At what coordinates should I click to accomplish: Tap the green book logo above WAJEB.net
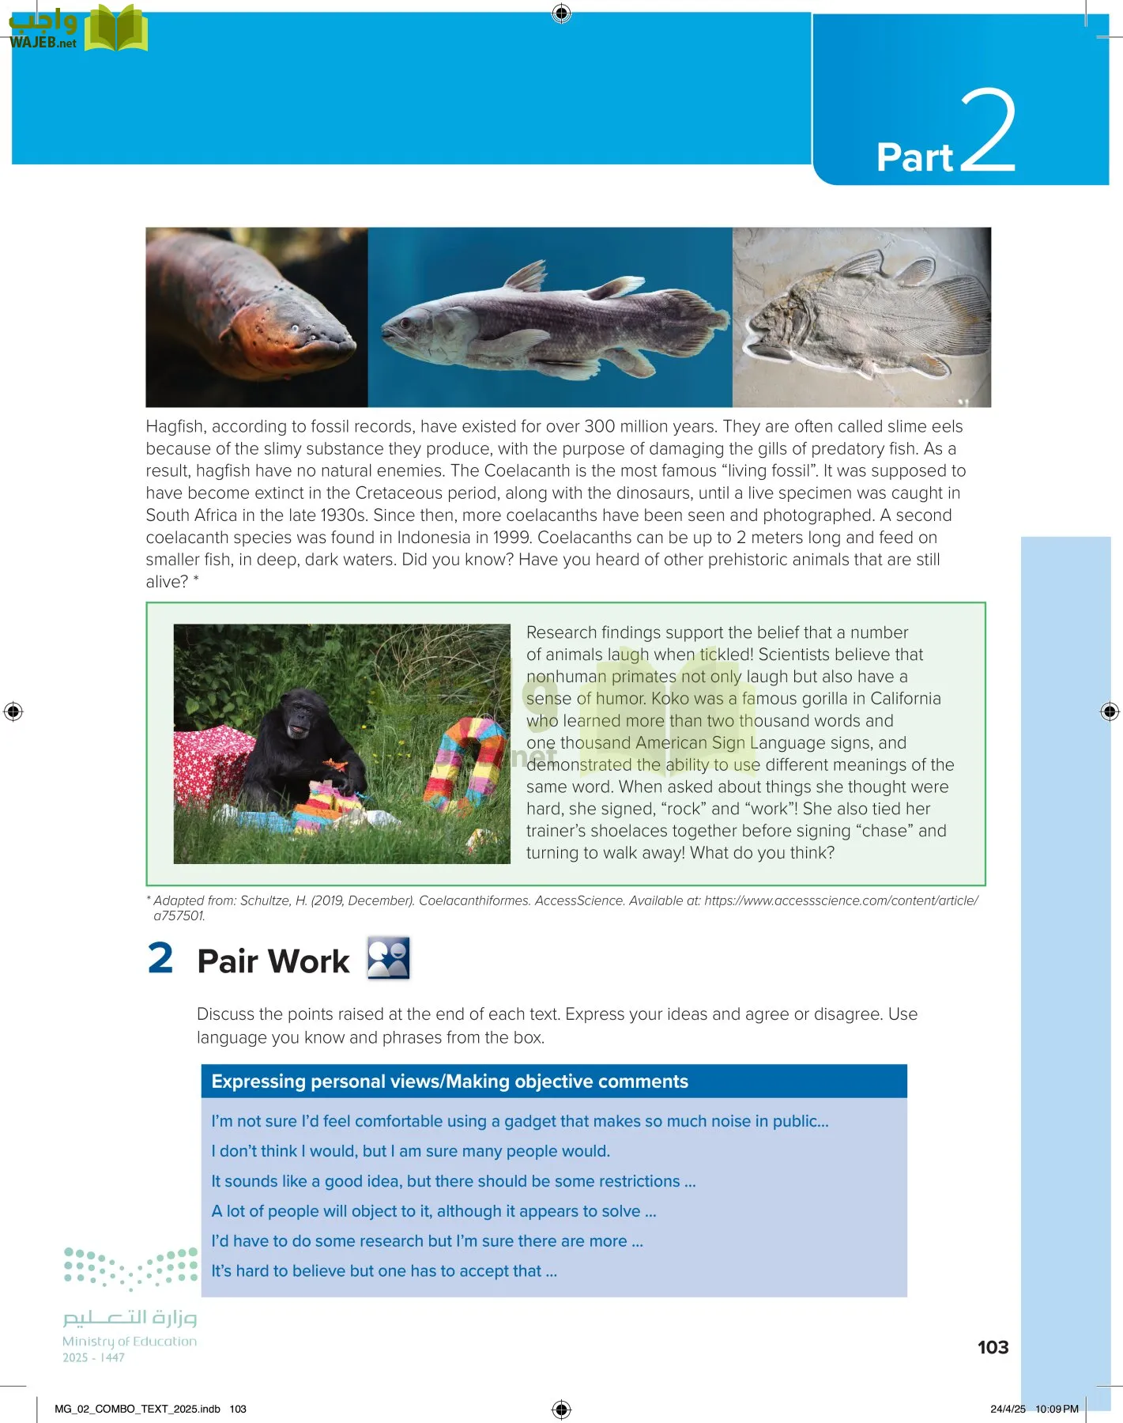(115, 28)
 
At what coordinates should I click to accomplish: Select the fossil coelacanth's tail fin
(960, 308)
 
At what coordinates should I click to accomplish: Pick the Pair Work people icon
(388, 958)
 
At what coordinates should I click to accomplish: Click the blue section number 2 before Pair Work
(160, 959)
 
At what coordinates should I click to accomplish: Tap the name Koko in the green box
(671, 699)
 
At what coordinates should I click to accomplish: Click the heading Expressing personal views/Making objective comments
(449, 1081)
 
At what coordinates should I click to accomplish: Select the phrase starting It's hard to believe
(384, 1271)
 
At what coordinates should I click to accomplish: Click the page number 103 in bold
(993, 1347)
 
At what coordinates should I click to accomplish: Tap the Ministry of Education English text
(130, 1342)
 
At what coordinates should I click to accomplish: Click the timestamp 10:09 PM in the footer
(1057, 1409)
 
